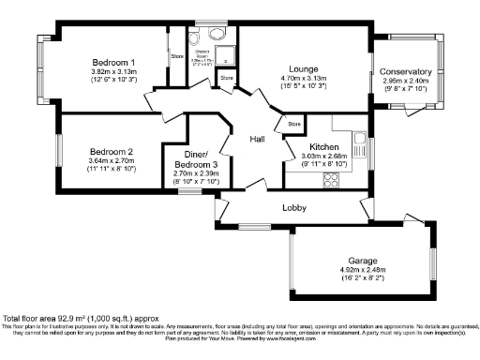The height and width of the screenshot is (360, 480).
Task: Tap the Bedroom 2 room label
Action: click(112, 151)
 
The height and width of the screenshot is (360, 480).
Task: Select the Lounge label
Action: click(303, 69)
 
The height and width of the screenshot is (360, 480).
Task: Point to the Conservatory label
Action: click(406, 71)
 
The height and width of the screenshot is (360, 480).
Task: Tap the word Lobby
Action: click(296, 208)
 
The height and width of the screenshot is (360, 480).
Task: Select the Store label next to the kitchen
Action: click(294, 124)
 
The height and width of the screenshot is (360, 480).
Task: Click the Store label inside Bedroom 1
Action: click(176, 57)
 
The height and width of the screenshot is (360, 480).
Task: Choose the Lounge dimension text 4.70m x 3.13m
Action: click(303, 79)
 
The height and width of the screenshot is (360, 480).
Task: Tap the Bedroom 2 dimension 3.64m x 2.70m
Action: click(112, 161)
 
